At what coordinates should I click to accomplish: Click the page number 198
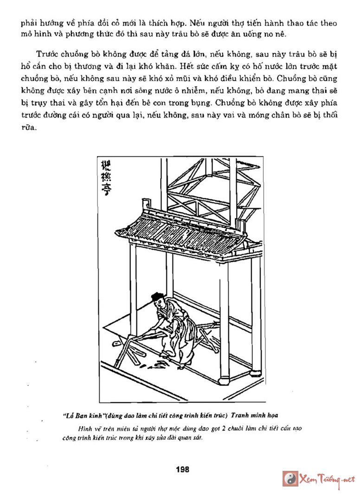(x=183, y=469)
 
